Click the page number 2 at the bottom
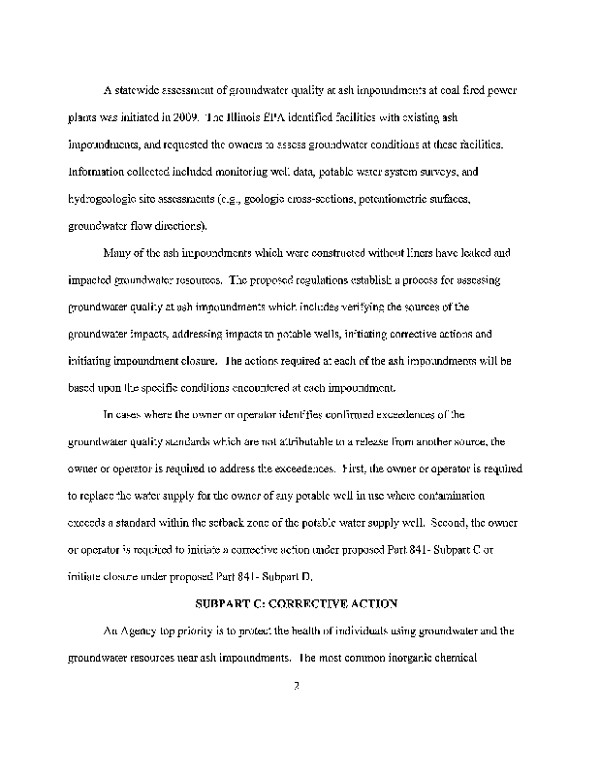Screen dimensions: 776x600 (300, 686)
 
